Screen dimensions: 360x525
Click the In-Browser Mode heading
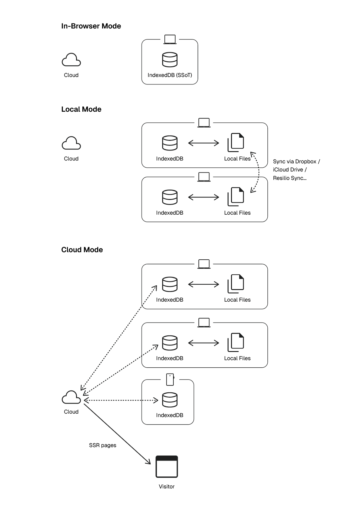(91, 26)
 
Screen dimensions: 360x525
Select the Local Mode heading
(81, 109)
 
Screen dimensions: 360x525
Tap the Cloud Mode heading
(82, 250)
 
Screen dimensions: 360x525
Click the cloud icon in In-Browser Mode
(71, 60)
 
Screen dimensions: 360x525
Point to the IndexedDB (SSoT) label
(170, 75)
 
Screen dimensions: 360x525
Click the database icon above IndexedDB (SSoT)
(170, 59)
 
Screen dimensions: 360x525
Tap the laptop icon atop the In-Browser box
(170, 39)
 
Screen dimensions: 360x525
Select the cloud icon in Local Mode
(71, 143)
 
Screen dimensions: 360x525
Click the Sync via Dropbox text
(295, 161)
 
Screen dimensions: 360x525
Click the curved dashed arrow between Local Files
(259, 172)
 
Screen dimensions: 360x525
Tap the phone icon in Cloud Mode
(170, 380)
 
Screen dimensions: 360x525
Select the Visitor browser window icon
(167, 466)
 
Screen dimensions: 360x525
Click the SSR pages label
(102, 445)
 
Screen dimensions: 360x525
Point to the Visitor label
(167, 486)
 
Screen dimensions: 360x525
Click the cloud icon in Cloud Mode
(71, 397)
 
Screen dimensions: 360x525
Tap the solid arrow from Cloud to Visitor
(117, 434)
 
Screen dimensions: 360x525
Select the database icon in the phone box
(170, 400)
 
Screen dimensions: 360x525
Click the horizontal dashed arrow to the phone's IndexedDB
(121, 400)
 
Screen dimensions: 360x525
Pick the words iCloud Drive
(288, 170)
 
